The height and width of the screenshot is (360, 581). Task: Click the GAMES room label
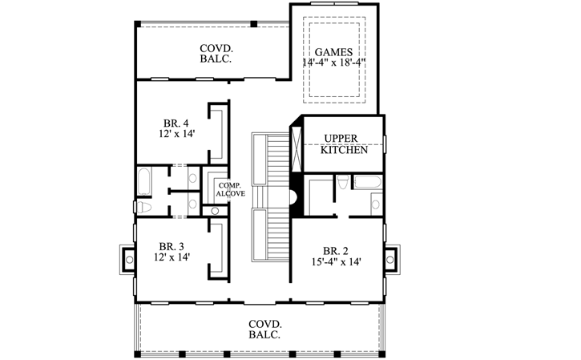tap(334, 51)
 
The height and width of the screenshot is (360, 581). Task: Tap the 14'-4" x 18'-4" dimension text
tap(334, 63)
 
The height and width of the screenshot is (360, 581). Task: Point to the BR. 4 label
tap(176, 123)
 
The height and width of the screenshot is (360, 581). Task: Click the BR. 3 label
tap(172, 246)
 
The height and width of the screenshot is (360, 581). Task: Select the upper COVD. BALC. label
tap(216, 54)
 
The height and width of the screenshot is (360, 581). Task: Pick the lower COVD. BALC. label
tap(264, 329)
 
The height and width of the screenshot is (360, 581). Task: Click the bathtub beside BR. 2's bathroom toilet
tap(366, 182)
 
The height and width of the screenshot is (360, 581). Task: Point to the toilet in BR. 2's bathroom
tap(342, 183)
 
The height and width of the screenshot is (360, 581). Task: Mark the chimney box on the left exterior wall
tap(127, 259)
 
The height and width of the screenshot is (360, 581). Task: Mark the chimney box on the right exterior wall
tap(390, 259)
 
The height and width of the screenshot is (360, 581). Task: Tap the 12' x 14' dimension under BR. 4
tap(176, 135)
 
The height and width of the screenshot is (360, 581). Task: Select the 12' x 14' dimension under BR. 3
tap(172, 257)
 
